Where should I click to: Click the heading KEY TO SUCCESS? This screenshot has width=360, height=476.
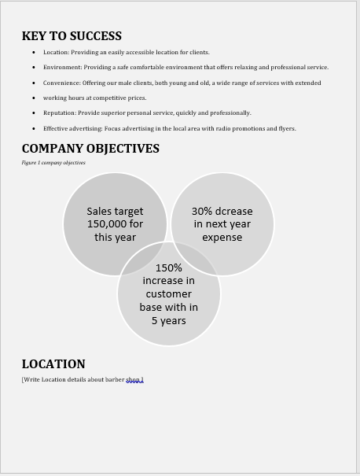pyautogui.click(x=72, y=36)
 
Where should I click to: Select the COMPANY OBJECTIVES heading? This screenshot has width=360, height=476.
pyautogui.click(x=90, y=149)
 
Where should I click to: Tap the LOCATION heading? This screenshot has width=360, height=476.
pyautogui.click(x=53, y=364)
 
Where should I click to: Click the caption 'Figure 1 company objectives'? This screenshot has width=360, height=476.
pyautogui.click(x=53, y=163)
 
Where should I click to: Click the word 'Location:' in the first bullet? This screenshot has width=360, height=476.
pyautogui.click(x=56, y=52)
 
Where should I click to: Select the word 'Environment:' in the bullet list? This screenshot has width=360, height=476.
pyautogui.click(x=62, y=68)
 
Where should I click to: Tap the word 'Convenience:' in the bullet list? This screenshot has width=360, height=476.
pyautogui.click(x=62, y=83)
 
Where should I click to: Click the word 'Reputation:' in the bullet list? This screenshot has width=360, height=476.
pyautogui.click(x=60, y=113)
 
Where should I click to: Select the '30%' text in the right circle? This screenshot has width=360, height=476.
pyautogui.click(x=203, y=211)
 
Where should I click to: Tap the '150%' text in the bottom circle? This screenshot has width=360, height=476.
pyautogui.click(x=169, y=268)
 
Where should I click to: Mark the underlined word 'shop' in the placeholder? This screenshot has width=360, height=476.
pyautogui.click(x=134, y=380)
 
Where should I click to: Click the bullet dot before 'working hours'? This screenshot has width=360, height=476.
pyautogui.click(x=34, y=98)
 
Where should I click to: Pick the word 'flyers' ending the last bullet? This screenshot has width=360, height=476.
pyautogui.click(x=286, y=128)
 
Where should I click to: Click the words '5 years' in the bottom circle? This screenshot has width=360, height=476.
pyautogui.click(x=169, y=321)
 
